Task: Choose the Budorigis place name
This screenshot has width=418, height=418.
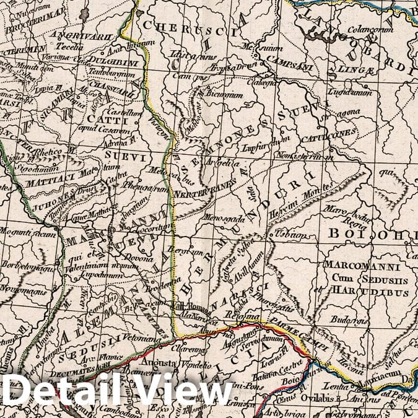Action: [347, 322]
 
